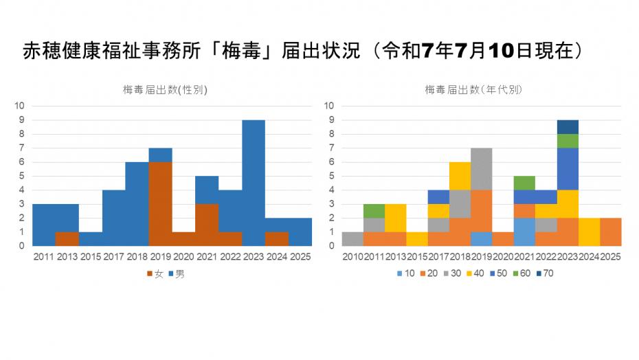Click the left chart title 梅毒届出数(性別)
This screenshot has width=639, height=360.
165,89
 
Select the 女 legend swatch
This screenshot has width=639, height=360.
149,274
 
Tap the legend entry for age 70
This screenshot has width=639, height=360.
541,274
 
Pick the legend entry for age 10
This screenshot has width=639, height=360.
401,274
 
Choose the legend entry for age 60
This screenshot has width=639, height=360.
517,274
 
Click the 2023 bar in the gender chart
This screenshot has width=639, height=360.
254,183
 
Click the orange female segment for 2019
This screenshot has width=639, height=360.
160,203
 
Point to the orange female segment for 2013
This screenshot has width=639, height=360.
67,238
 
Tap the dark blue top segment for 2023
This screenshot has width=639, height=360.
567,126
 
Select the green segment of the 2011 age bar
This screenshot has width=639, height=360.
373,210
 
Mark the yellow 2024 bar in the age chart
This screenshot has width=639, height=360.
590,232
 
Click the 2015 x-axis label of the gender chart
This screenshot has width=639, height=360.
90,257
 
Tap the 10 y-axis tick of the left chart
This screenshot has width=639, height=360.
21,106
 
